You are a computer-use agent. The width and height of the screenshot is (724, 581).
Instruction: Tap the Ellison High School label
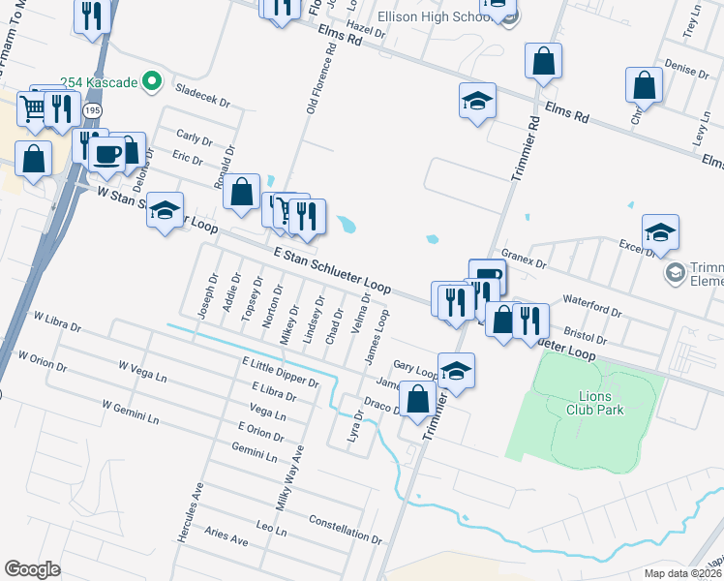click(434, 17)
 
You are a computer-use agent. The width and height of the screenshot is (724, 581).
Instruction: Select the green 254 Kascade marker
click(151, 82)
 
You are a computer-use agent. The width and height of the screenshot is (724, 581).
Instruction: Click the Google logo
click(33, 569)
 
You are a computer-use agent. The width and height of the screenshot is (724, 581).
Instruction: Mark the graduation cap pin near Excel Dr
click(660, 231)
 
